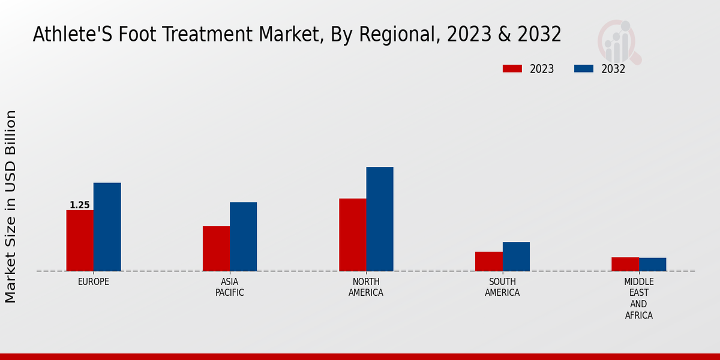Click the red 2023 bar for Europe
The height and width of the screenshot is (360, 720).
click(80, 241)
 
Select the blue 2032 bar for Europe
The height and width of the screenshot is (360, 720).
click(107, 227)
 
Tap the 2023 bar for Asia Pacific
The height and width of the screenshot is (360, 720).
click(216, 248)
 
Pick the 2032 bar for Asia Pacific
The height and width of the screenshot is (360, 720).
click(243, 236)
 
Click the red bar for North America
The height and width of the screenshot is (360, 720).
click(352, 235)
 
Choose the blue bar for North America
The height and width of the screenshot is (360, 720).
click(380, 219)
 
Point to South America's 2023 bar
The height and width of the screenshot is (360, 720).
click(488, 261)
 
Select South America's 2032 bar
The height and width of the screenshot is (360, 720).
click(516, 256)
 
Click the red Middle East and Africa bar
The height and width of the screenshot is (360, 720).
click(625, 264)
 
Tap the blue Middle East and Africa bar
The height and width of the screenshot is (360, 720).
click(653, 264)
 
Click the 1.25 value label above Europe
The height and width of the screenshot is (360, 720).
click(80, 205)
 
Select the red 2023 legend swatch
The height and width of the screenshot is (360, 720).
click(512, 69)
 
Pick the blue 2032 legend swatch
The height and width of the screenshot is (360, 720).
click(583, 69)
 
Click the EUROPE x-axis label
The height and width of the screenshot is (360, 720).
click(94, 282)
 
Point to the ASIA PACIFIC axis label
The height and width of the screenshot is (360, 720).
click(230, 287)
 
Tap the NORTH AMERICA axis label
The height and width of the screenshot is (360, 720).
click(366, 287)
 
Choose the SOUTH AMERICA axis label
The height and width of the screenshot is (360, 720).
click(502, 287)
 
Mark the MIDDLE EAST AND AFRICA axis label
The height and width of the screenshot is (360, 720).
click(639, 298)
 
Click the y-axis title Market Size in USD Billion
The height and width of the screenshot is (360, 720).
click(11, 206)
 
